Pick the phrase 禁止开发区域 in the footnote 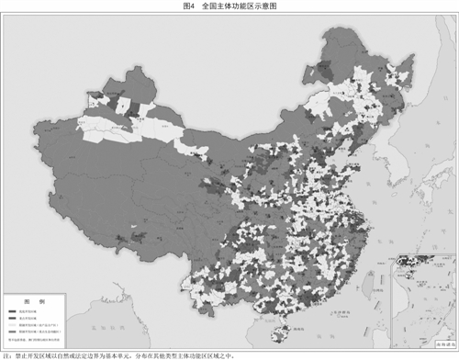(x=32, y=354)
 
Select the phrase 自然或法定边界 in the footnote (x=82, y=354)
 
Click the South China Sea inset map (x=421, y=298)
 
